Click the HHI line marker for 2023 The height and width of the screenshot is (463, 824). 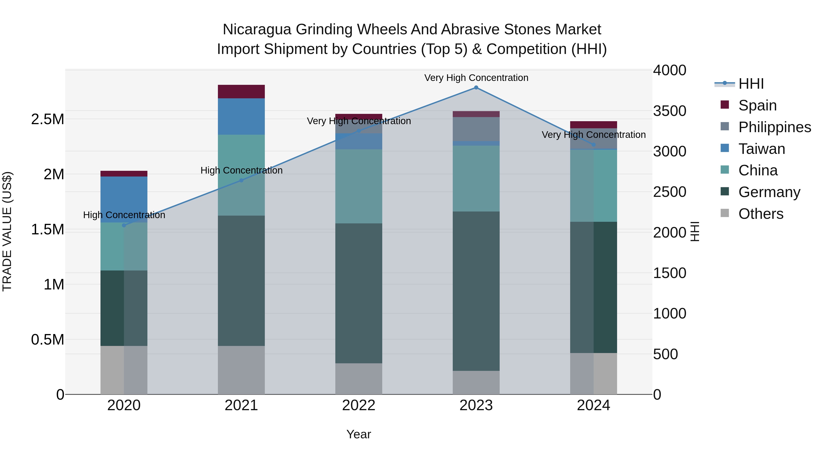[x=476, y=88]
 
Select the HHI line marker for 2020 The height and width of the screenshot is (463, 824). [x=124, y=225]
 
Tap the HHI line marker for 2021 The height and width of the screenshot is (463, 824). [x=241, y=181]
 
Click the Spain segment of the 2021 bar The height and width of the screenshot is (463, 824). [x=241, y=92]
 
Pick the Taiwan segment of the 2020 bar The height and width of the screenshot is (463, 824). [x=124, y=199]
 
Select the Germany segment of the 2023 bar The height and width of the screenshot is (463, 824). [x=476, y=291]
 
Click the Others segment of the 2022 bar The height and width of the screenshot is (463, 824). [x=359, y=379]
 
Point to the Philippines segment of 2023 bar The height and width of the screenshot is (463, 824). [x=476, y=129]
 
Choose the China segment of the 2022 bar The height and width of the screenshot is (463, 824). [x=359, y=186]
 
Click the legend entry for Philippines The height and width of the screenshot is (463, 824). [x=774, y=127]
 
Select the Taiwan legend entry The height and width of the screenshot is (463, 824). [x=762, y=149]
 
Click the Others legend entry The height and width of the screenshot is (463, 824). [x=761, y=214]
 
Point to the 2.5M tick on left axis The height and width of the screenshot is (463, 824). [x=48, y=119]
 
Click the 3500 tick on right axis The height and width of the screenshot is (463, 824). [x=669, y=111]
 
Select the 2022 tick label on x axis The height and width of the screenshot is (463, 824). [x=359, y=405]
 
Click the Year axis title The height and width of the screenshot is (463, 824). [x=359, y=434]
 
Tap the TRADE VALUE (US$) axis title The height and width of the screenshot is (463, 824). [x=7, y=231]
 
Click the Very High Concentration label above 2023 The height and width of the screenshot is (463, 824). [x=476, y=78]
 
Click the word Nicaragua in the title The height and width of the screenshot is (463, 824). [x=257, y=29]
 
